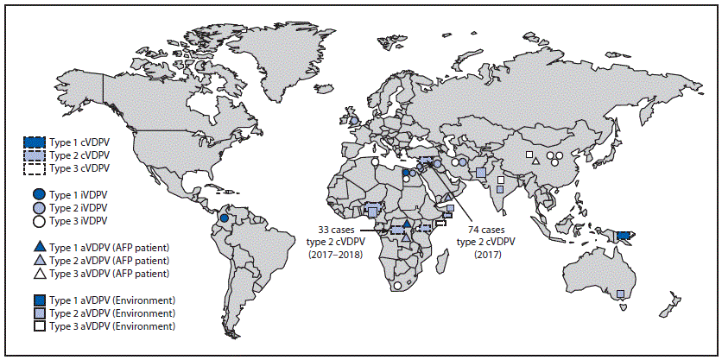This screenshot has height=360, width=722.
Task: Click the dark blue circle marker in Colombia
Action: pos(224,218)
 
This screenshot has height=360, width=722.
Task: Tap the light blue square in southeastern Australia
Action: pos(621,295)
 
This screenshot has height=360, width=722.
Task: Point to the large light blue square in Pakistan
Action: pos(480,174)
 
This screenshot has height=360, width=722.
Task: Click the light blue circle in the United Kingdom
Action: pos(352,120)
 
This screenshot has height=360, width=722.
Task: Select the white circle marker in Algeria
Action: pos(375,161)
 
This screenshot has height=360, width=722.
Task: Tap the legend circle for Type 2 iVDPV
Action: pos(36,207)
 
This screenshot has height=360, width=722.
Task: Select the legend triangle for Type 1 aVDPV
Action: pos(36,246)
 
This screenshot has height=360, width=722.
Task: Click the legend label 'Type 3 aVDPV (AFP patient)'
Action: pos(119,273)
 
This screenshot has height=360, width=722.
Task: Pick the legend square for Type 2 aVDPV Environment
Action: pos(36,313)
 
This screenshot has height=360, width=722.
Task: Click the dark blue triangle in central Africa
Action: pos(407,224)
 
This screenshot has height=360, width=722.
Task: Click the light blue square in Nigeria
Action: pos(372,211)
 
